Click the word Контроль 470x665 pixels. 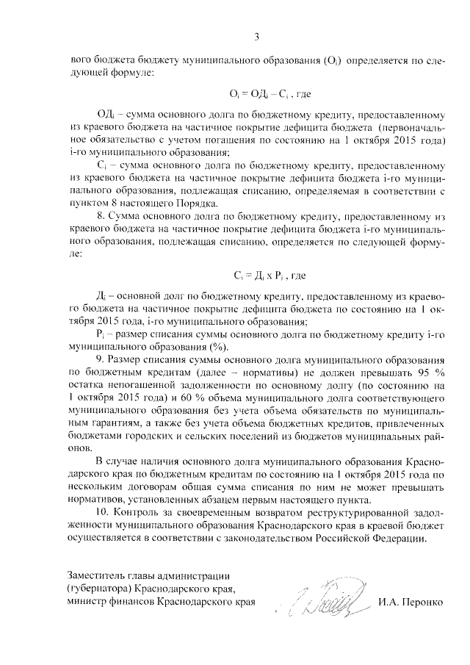pyautogui.click(x=139, y=511)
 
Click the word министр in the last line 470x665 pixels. pyautogui.click(x=88, y=602)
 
